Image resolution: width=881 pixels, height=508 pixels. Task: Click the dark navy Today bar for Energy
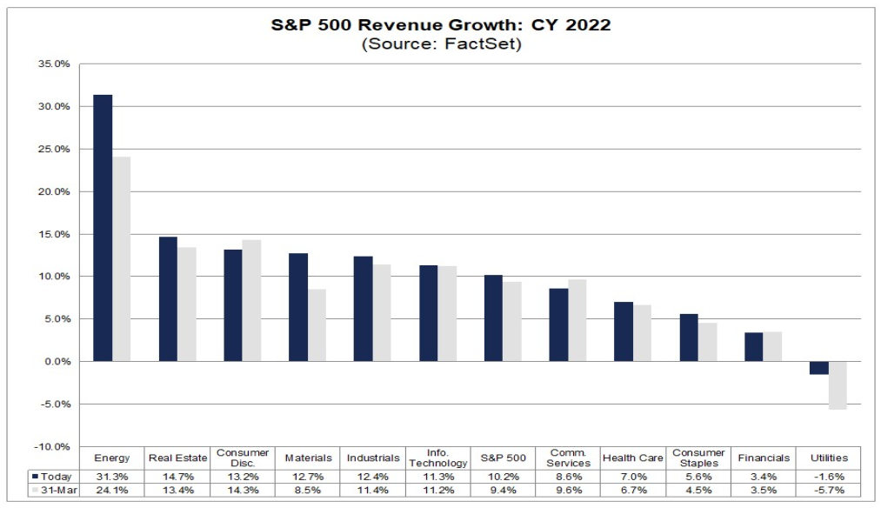(103, 228)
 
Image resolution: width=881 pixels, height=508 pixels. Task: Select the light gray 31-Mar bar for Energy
(121, 259)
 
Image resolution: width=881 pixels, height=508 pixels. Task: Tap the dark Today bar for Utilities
(819, 368)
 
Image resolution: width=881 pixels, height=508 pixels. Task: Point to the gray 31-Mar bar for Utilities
(838, 385)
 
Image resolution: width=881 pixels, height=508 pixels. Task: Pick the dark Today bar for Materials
(298, 307)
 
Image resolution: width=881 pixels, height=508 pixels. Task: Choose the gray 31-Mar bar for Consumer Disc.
(251, 300)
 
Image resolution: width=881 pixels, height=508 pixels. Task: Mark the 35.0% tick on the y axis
(54, 64)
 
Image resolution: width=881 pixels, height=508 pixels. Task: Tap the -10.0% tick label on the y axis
(53, 446)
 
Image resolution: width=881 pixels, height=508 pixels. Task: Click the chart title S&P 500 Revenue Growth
(441, 24)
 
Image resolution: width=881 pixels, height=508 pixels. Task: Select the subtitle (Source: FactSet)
(441, 43)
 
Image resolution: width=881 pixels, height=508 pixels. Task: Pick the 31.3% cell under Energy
(112, 477)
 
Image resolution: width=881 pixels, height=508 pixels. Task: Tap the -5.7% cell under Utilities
(828, 491)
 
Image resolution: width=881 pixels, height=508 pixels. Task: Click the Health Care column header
(632, 458)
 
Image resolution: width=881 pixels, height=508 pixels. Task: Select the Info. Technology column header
(437, 458)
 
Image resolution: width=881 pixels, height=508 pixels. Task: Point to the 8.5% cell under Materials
(308, 491)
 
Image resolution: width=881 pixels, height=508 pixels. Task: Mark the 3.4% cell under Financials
(763, 477)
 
